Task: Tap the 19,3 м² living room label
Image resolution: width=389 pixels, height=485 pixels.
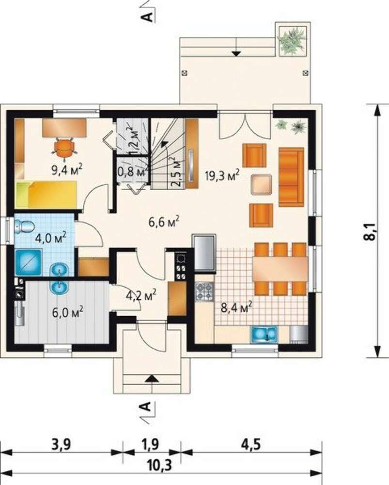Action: (222, 176)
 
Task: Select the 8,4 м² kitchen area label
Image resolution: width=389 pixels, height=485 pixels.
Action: (236, 307)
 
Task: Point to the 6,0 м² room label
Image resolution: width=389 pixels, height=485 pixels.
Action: (67, 312)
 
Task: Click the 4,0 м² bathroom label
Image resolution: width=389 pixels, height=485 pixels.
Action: (51, 238)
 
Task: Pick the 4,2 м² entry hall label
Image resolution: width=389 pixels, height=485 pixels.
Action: (141, 295)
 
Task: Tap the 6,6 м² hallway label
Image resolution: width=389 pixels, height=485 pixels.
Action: (164, 222)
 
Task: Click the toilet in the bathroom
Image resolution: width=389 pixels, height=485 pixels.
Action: (24, 226)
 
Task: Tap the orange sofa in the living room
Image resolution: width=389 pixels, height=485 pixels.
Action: (291, 177)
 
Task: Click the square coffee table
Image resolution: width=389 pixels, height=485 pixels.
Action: (262, 184)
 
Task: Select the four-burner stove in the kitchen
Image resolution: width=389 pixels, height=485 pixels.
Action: (204, 292)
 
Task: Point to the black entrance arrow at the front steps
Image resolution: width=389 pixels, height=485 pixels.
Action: (152, 378)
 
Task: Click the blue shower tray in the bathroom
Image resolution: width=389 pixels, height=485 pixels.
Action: (28, 262)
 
